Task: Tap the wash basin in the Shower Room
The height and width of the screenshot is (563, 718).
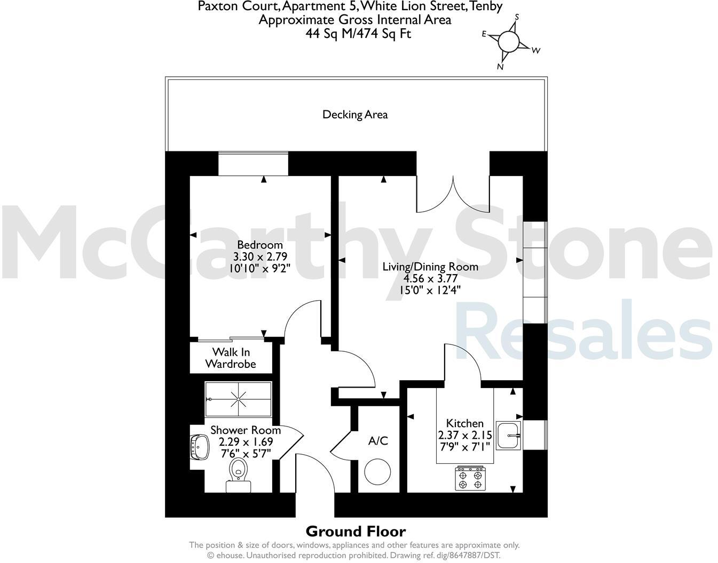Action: (x=200, y=446)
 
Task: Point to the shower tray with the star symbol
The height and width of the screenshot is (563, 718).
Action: (x=238, y=399)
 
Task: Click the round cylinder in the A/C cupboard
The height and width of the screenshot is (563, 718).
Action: (x=377, y=471)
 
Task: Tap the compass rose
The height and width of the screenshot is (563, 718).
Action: (x=509, y=41)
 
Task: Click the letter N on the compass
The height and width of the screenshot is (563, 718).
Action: (x=500, y=67)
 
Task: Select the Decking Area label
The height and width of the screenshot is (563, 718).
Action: (x=355, y=115)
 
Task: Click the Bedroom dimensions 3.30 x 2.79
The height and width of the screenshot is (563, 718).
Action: (x=260, y=256)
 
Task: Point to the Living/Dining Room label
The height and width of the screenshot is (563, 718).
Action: (x=430, y=267)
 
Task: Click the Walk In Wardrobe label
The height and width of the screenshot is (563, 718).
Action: (x=231, y=358)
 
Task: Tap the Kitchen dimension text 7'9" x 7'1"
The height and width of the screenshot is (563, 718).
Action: (x=464, y=447)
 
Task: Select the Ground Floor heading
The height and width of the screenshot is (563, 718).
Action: (x=356, y=531)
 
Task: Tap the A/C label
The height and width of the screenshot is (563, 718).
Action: (x=378, y=441)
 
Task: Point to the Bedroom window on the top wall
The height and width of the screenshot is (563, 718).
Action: (x=253, y=163)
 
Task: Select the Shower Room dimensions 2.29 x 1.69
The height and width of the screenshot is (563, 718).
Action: (x=246, y=442)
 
